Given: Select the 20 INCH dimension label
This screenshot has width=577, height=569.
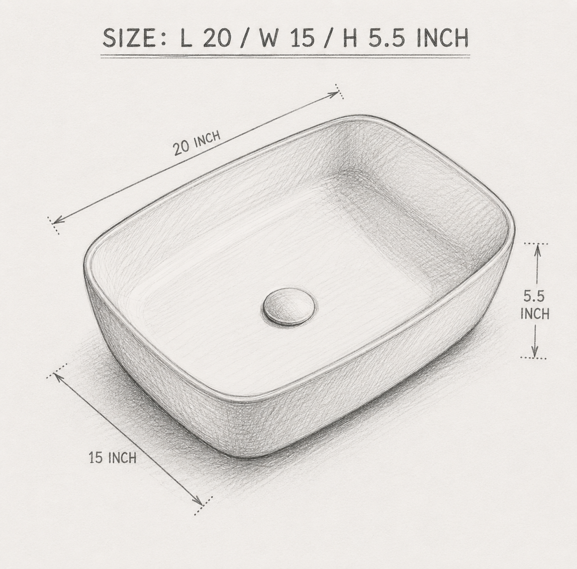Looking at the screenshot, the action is point(197,143).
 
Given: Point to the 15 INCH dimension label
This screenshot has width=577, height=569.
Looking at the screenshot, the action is point(113,458).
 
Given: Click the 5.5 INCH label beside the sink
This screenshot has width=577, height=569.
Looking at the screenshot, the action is point(535,305).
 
